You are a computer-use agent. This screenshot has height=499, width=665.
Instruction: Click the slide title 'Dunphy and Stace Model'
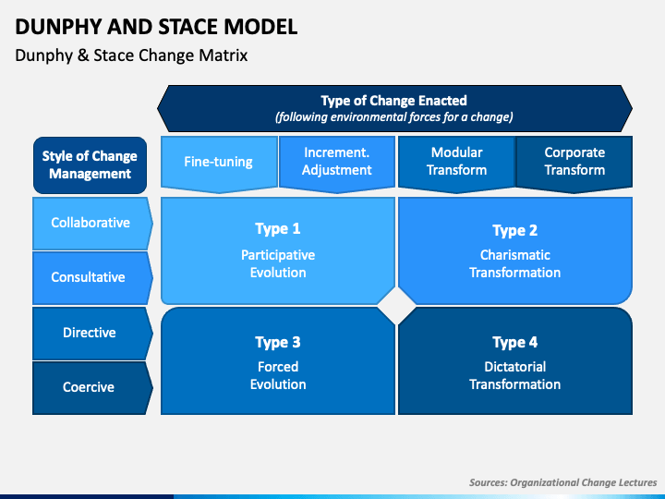tap(156, 26)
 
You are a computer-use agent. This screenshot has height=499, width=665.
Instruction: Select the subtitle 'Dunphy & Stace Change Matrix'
tap(131, 55)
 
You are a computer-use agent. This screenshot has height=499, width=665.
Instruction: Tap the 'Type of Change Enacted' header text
tap(393, 101)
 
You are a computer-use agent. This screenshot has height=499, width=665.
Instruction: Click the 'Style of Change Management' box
tap(90, 164)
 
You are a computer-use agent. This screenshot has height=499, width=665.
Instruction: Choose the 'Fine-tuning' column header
tap(218, 162)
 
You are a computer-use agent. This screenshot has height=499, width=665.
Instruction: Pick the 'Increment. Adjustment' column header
tap(337, 161)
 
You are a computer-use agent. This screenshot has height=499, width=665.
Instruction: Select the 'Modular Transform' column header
tap(456, 161)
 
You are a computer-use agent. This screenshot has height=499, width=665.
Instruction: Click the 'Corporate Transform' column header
tap(574, 161)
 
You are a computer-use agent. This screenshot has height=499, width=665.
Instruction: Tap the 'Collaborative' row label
tap(91, 223)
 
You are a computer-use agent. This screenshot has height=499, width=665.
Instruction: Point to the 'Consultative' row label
tap(89, 277)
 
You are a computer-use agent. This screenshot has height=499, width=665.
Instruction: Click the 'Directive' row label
tap(89, 333)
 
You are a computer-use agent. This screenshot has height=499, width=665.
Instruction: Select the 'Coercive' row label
tap(89, 387)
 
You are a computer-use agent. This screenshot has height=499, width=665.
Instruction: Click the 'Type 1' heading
tap(278, 229)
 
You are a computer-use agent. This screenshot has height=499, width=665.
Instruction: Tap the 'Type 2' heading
tap(514, 231)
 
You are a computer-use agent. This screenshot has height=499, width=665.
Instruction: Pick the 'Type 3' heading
tap(278, 343)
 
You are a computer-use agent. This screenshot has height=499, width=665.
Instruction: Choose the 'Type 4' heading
tap(514, 343)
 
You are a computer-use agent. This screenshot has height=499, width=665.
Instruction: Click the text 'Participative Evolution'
tap(278, 263)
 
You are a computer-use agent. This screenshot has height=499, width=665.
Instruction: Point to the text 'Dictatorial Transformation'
tap(514, 375)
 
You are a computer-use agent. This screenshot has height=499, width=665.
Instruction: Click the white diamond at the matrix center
tap(397, 305)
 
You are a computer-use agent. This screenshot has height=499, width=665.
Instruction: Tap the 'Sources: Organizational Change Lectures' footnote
tap(562, 482)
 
